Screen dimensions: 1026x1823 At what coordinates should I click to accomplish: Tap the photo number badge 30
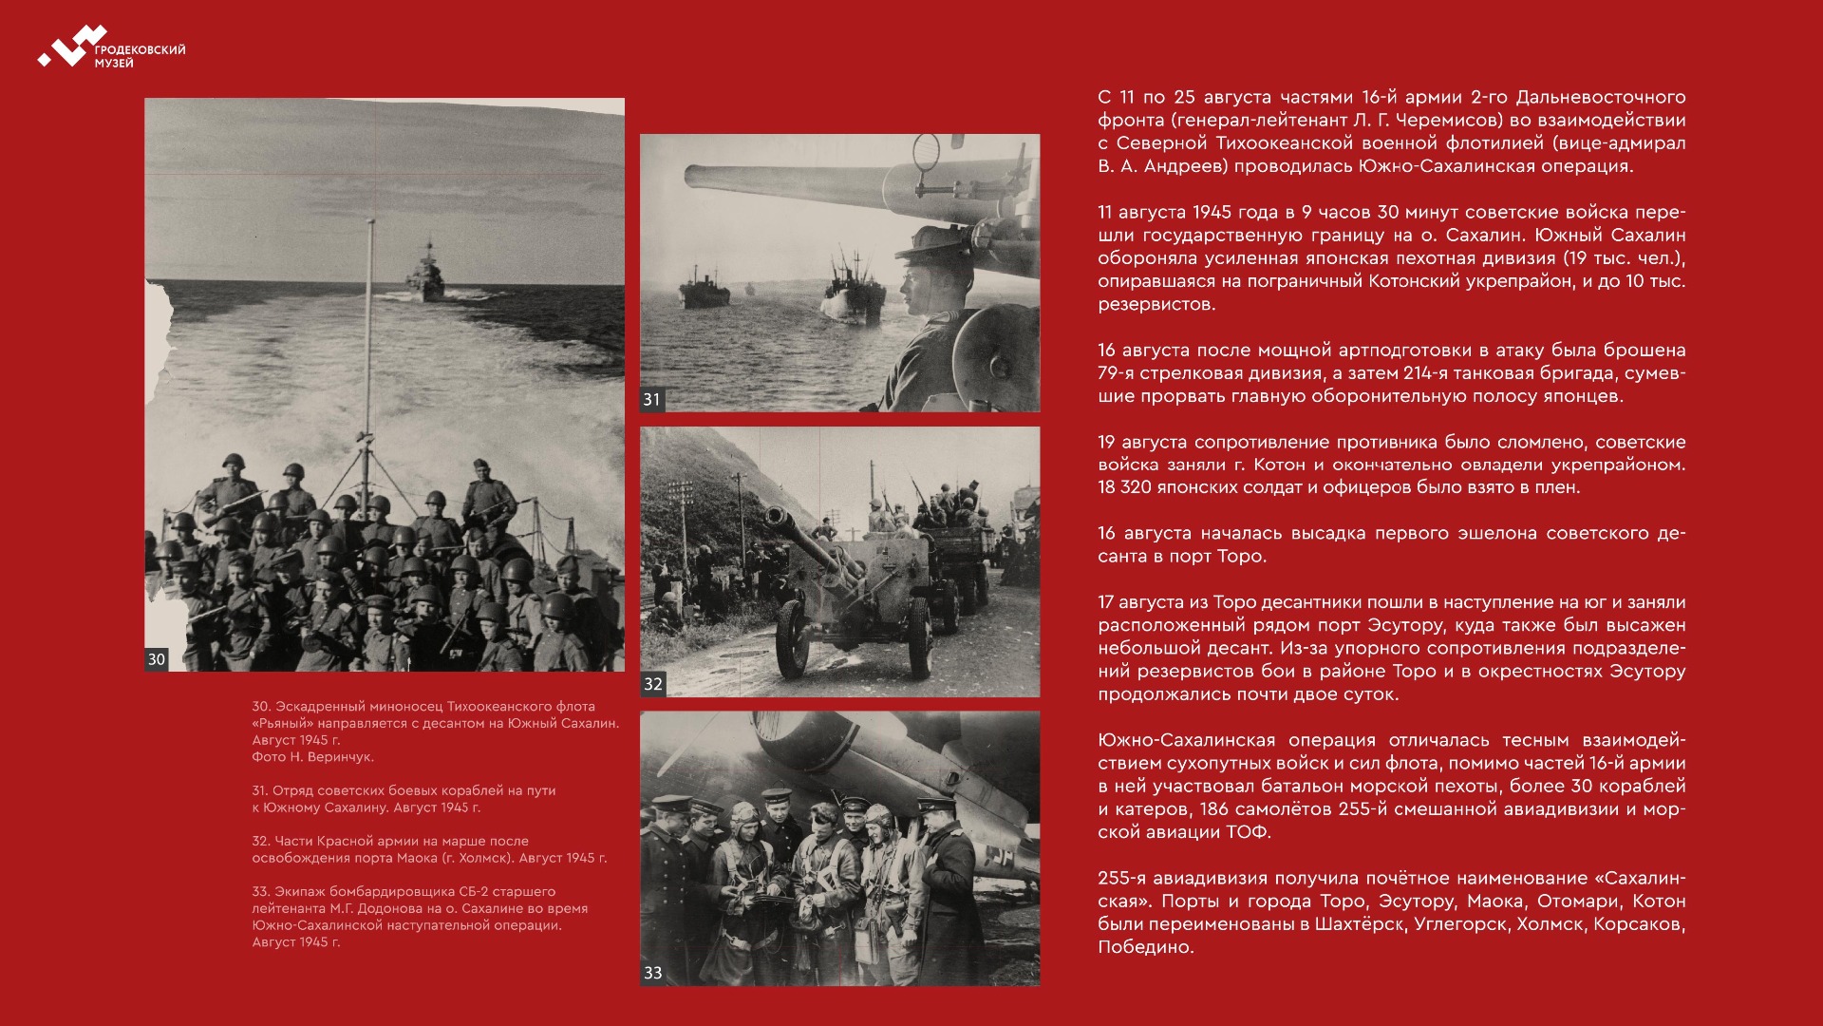point(157,659)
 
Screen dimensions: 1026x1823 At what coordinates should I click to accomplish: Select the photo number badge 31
point(651,400)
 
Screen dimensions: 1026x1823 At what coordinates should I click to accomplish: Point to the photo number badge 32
point(652,684)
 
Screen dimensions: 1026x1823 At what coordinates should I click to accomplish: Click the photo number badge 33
point(652,973)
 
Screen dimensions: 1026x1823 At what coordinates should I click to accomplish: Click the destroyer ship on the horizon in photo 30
point(426,274)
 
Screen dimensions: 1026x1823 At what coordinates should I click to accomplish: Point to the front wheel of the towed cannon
point(792,640)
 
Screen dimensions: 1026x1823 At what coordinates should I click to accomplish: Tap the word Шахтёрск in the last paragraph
point(1359,924)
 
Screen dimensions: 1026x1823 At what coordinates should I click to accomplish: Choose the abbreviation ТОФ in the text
point(1250,832)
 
